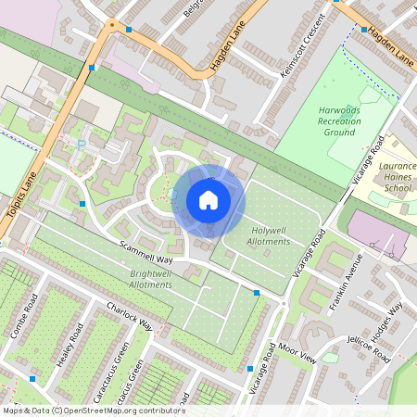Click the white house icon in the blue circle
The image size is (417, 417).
208,200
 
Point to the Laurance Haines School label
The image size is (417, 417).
397,175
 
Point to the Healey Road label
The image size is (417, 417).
70,344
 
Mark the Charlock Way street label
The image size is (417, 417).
129,315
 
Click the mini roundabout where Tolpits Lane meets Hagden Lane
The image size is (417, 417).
111,25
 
